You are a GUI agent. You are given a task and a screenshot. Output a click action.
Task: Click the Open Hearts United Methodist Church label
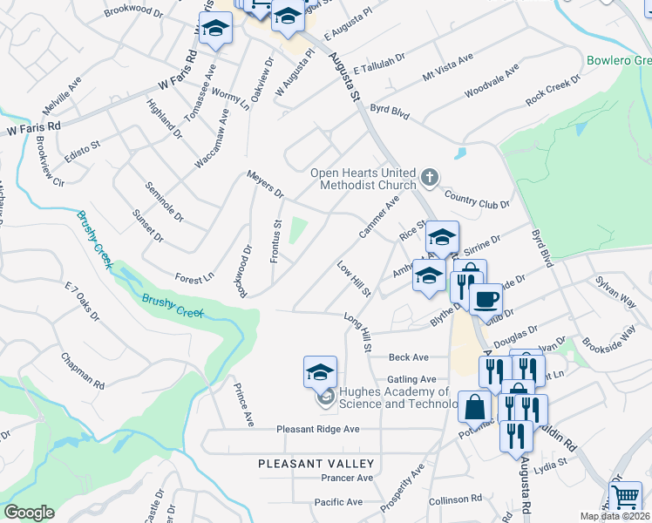tap(363, 178)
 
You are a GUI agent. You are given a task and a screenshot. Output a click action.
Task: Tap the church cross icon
tap(429, 179)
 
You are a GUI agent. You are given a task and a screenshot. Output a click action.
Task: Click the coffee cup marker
tap(486, 298)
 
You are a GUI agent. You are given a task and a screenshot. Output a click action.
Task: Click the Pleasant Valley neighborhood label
tap(316, 464)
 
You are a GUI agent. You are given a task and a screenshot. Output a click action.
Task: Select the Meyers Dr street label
tap(265, 184)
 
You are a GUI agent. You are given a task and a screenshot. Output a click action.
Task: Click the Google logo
tap(29, 513)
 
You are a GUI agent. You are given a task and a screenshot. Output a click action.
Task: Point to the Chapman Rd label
tap(83, 370)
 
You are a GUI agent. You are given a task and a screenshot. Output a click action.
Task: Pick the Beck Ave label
tap(409, 357)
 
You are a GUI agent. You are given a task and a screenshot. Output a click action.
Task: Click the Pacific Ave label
tap(338, 502)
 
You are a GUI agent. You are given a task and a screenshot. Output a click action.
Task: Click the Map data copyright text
tap(615, 516)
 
